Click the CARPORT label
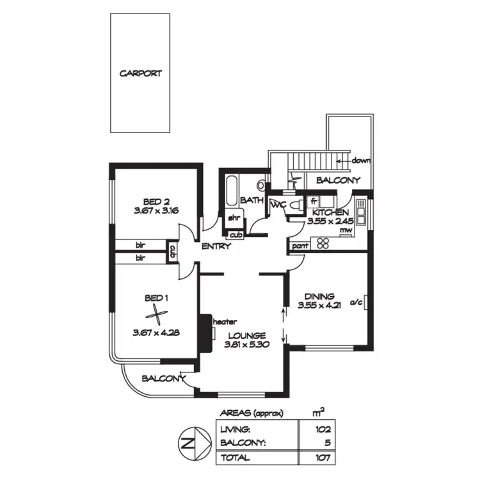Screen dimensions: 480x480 pyautogui.click(x=141, y=74)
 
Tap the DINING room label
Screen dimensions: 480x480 pyautogui.click(x=319, y=296)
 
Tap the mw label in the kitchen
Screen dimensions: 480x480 pyautogui.click(x=346, y=230)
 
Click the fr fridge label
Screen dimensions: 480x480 pyautogui.click(x=314, y=200)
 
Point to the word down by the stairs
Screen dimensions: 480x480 pyautogui.click(x=360, y=161)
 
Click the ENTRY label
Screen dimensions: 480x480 pyautogui.click(x=215, y=246)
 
